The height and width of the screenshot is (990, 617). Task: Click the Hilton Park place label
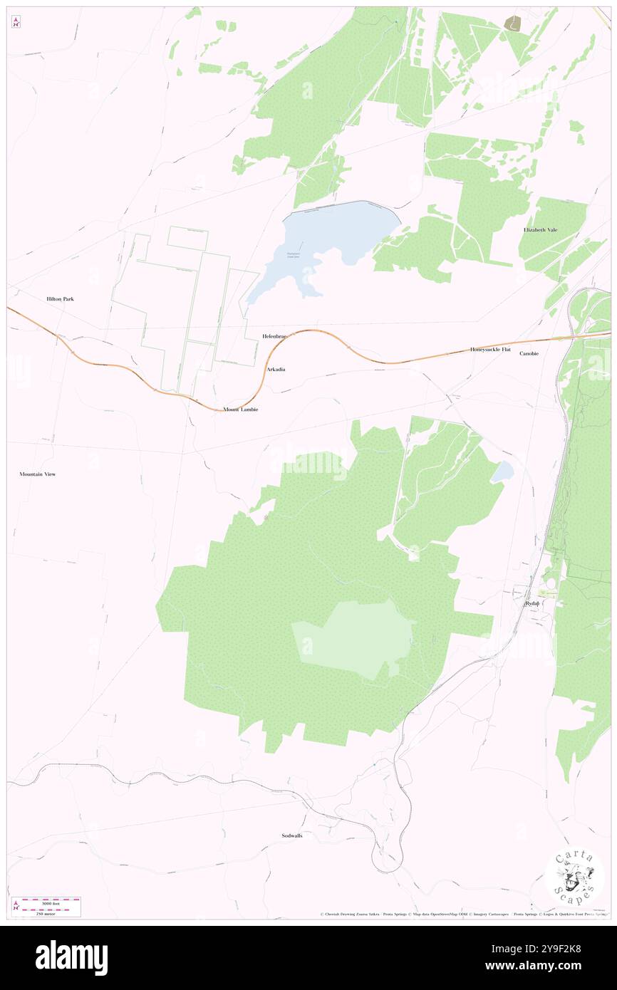60,299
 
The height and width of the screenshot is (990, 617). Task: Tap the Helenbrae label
274,335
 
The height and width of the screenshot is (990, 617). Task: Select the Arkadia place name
276,370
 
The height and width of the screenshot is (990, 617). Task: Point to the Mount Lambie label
240,410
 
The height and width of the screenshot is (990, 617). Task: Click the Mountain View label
37,474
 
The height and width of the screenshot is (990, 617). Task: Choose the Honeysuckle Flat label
490,350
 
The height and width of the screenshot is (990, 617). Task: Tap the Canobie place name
529,353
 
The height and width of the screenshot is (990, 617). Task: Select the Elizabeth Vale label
545,230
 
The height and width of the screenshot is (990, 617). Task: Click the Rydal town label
532,603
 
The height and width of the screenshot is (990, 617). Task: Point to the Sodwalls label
291,835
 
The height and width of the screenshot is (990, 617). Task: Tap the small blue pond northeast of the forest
502,470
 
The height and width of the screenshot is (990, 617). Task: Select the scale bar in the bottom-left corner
46,906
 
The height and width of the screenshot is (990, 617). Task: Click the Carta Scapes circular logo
574,875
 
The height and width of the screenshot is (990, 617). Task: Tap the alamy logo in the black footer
71,957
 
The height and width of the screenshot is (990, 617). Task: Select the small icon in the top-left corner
16,22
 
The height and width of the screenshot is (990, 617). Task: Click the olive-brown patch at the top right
512,24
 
